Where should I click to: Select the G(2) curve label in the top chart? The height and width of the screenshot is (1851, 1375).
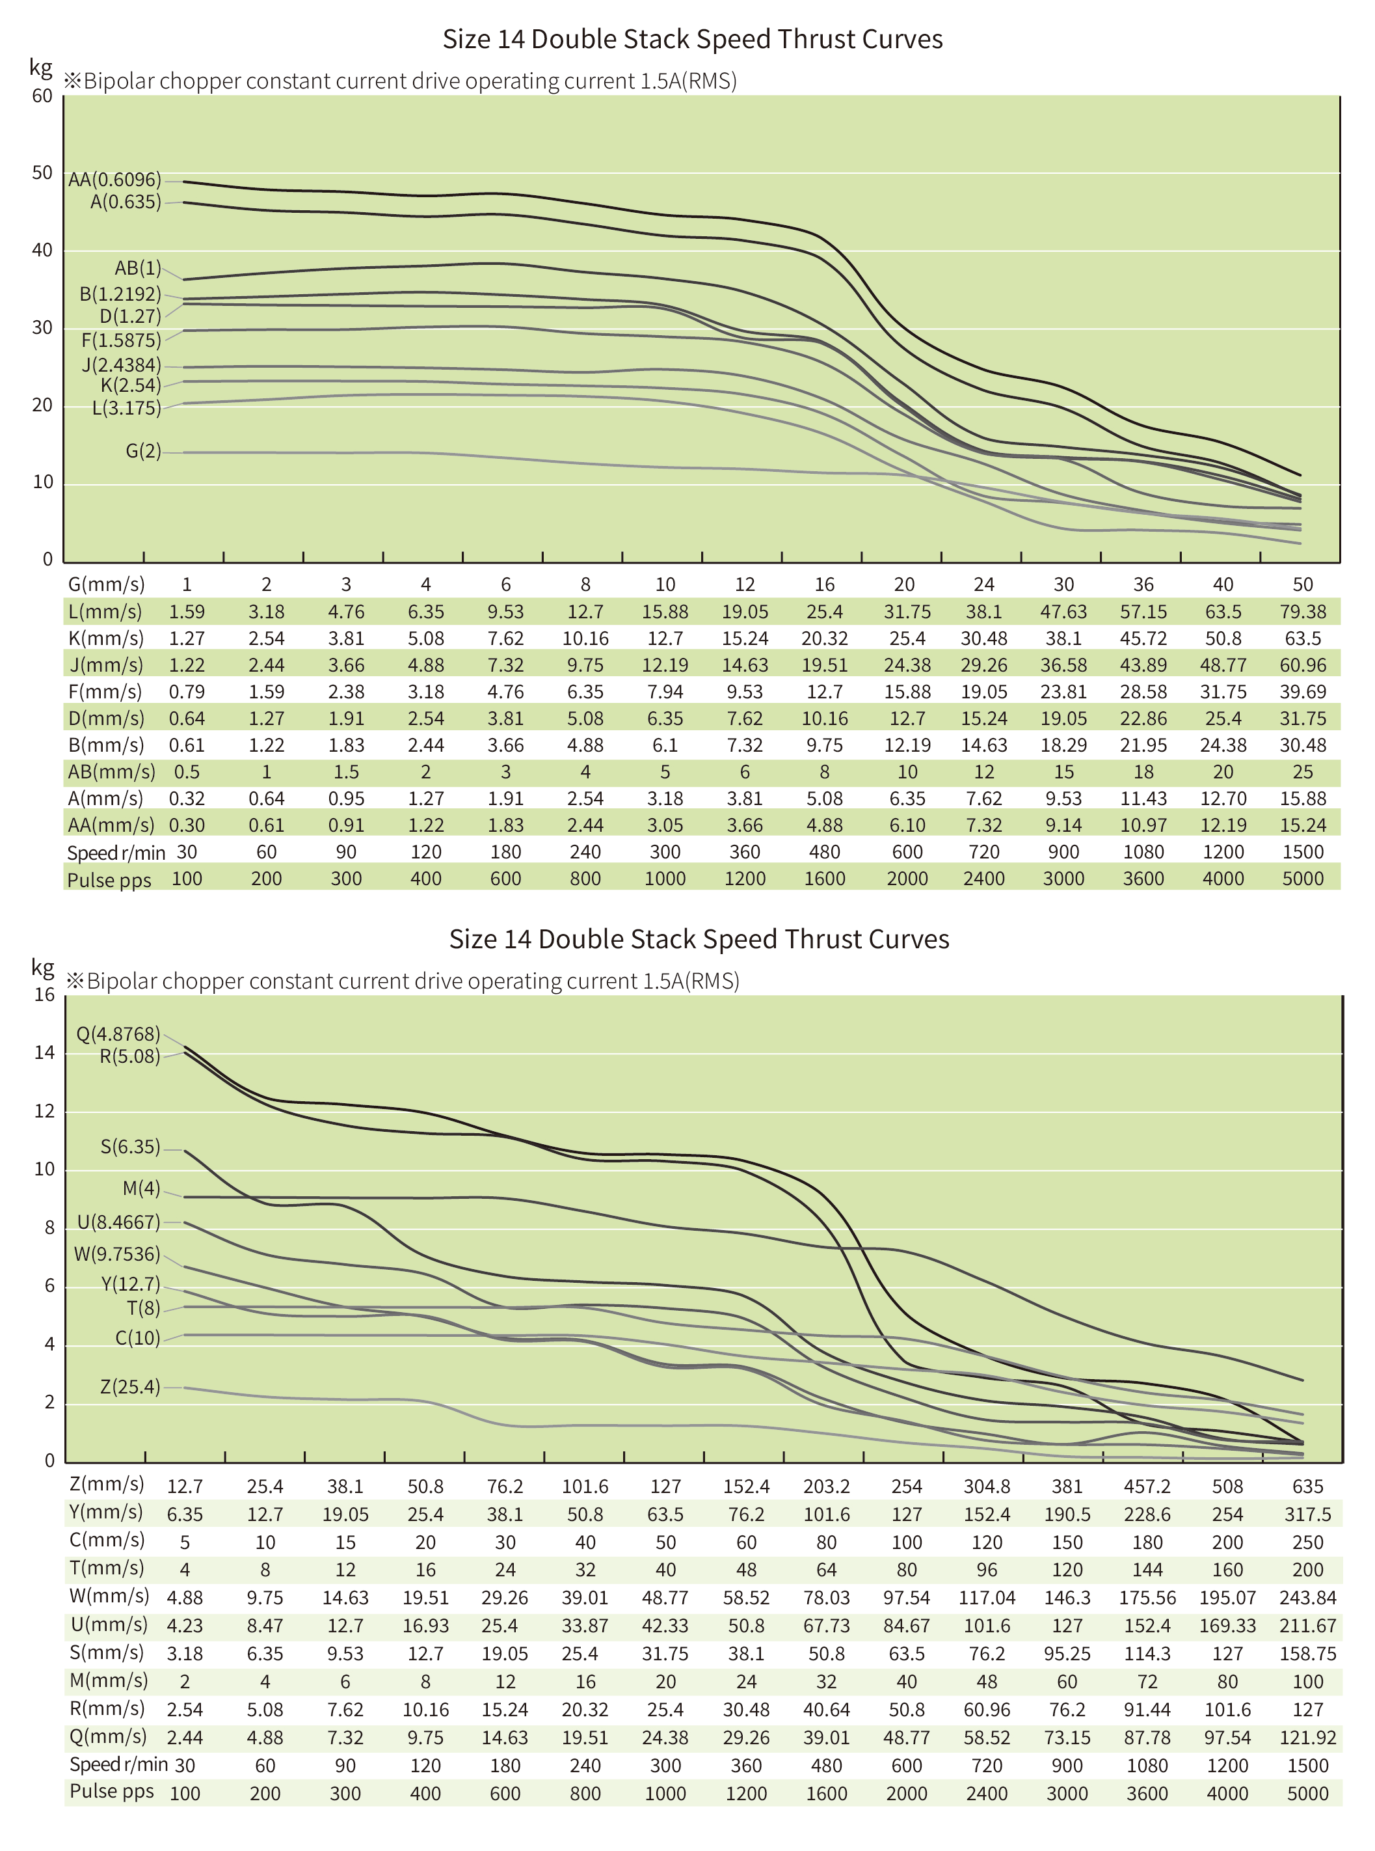[142, 451]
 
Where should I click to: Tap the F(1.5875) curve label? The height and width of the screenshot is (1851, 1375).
[121, 340]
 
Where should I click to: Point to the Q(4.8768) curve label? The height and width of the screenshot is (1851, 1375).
[117, 1034]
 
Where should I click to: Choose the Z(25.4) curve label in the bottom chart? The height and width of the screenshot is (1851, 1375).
[130, 1387]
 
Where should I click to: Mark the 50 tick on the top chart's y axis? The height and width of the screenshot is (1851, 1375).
[42, 173]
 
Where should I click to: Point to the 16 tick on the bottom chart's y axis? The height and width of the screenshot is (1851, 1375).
[44, 995]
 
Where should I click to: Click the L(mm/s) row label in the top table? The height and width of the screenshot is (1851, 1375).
[105, 612]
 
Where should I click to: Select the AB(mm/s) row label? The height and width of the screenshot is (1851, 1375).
[111, 772]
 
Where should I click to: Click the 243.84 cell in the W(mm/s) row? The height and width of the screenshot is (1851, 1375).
[1307, 1598]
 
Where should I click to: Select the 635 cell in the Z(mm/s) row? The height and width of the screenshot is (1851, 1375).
[1307, 1487]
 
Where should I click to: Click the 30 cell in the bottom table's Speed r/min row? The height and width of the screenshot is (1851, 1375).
[185, 1765]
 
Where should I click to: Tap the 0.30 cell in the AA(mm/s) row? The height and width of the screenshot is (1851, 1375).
[187, 825]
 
